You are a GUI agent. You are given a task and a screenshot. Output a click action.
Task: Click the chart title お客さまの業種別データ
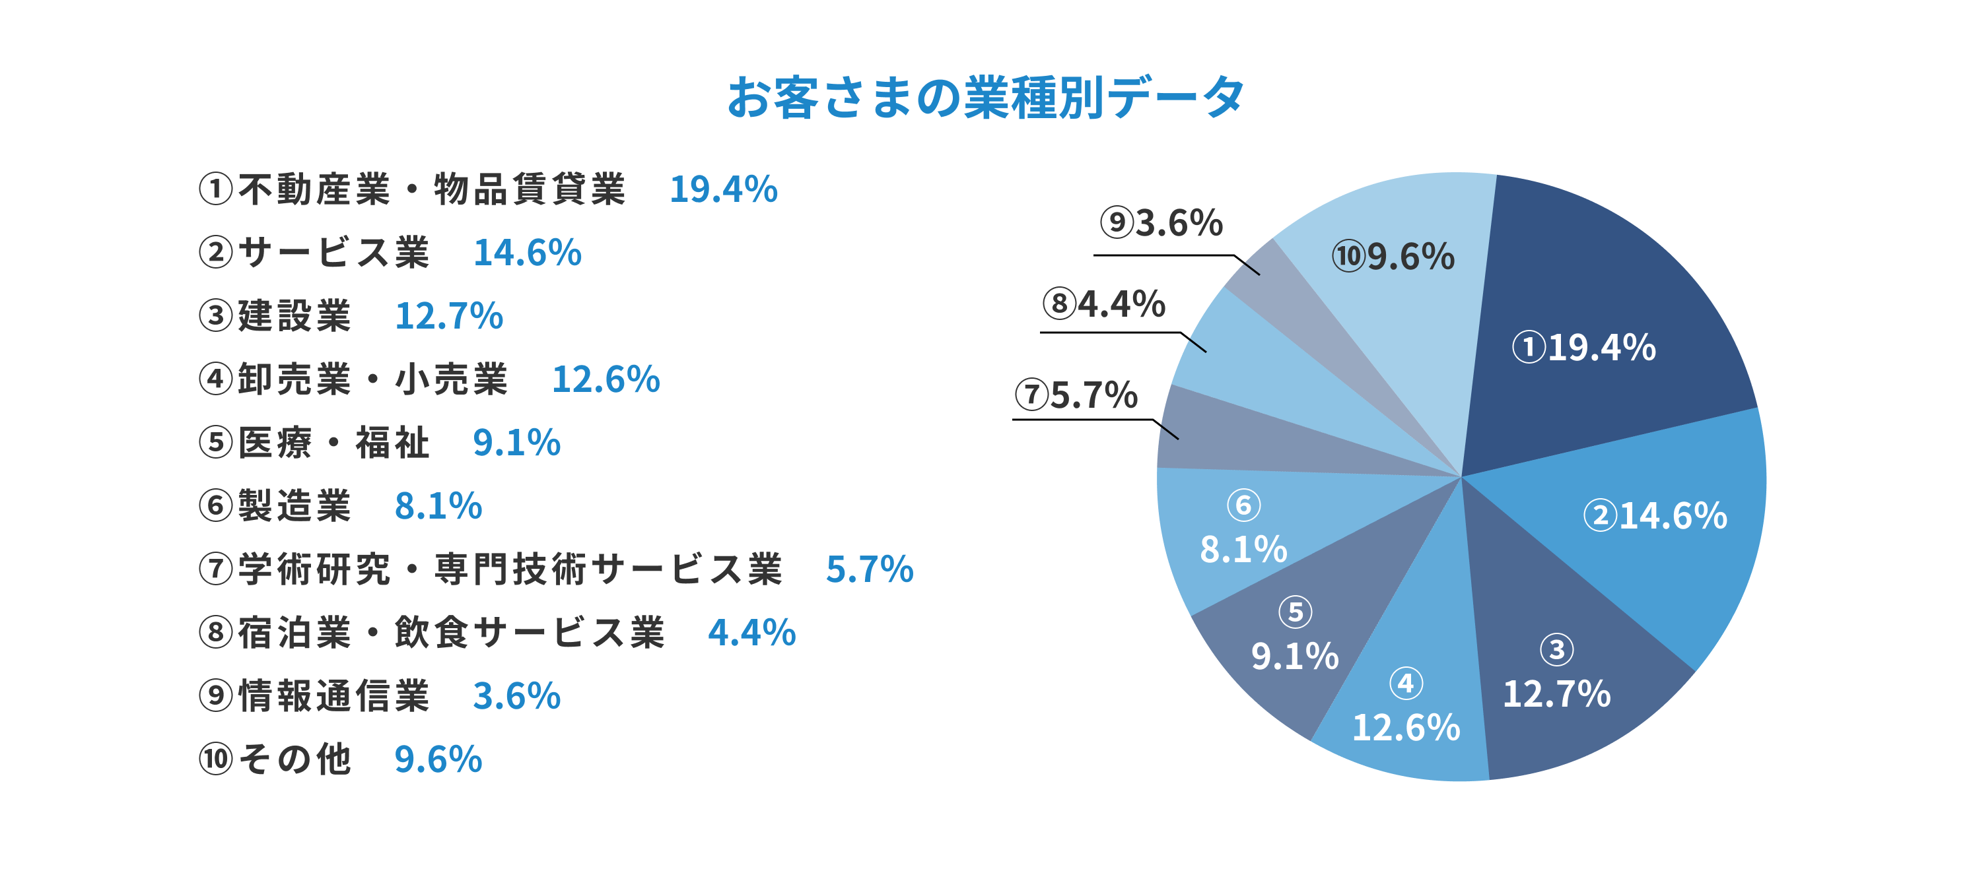986,98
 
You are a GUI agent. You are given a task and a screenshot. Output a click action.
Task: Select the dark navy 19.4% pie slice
1593,321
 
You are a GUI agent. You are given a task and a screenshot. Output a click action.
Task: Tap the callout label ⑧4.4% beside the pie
1103,304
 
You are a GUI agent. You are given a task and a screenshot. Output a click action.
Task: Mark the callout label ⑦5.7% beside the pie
1076,395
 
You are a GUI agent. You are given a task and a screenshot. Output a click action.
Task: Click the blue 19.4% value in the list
723,189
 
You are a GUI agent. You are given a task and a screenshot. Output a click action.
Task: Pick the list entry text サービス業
334,253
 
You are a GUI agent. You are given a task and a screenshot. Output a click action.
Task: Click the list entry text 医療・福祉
334,443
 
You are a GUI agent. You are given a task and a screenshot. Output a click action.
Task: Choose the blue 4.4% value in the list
751,632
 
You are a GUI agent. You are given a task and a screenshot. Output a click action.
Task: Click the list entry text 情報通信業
334,696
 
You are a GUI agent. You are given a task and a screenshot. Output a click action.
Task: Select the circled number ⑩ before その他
215,759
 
